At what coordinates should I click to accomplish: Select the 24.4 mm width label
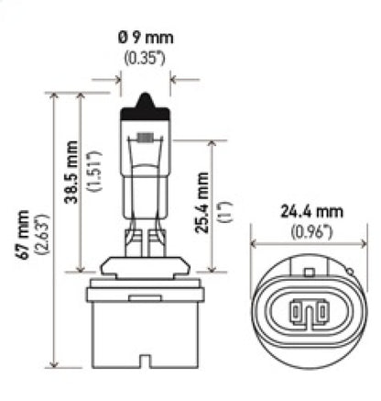(x=304, y=209)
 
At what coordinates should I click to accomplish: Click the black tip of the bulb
(x=148, y=98)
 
